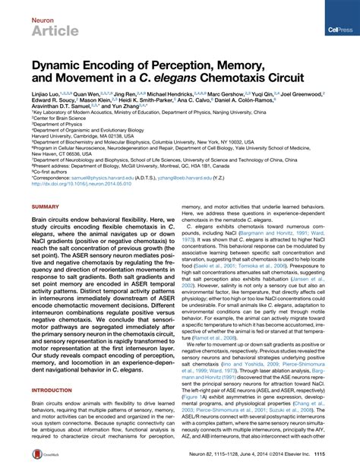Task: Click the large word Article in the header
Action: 52,30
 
